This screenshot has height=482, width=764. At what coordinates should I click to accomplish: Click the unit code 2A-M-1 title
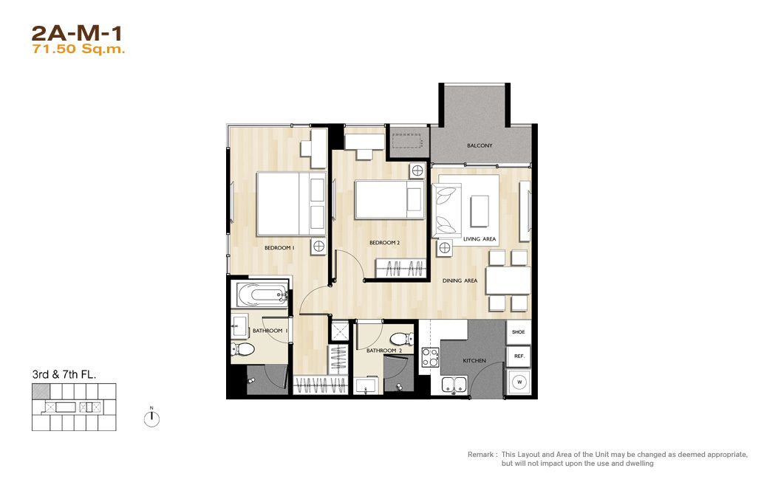(x=77, y=34)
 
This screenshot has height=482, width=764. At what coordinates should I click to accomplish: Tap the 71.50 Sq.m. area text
(x=78, y=49)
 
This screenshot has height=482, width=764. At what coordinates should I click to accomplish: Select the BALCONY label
(x=480, y=145)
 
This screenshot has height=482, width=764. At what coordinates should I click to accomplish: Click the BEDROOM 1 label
(x=279, y=248)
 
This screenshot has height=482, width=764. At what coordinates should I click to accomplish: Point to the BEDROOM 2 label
(x=384, y=242)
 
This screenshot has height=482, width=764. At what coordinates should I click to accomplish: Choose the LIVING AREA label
(x=480, y=239)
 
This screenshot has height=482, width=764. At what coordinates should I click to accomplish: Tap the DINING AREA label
(x=460, y=280)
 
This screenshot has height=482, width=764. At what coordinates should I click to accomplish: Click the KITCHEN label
(x=474, y=361)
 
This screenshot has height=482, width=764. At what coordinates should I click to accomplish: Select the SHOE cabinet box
(x=519, y=332)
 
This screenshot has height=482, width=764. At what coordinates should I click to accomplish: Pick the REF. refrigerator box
(x=519, y=357)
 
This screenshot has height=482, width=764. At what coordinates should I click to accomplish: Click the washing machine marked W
(x=519, y=382)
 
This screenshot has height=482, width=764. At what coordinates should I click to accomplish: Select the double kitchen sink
(x=454, y=385)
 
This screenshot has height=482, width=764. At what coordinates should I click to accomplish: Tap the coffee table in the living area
(x=480, y=211)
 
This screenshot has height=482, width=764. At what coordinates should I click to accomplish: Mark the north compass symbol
(x=151, y=417)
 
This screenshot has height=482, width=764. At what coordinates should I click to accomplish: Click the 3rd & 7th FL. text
(x=64, y=374)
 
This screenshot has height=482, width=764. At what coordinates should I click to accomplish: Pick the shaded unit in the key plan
(x=41, y=391)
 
